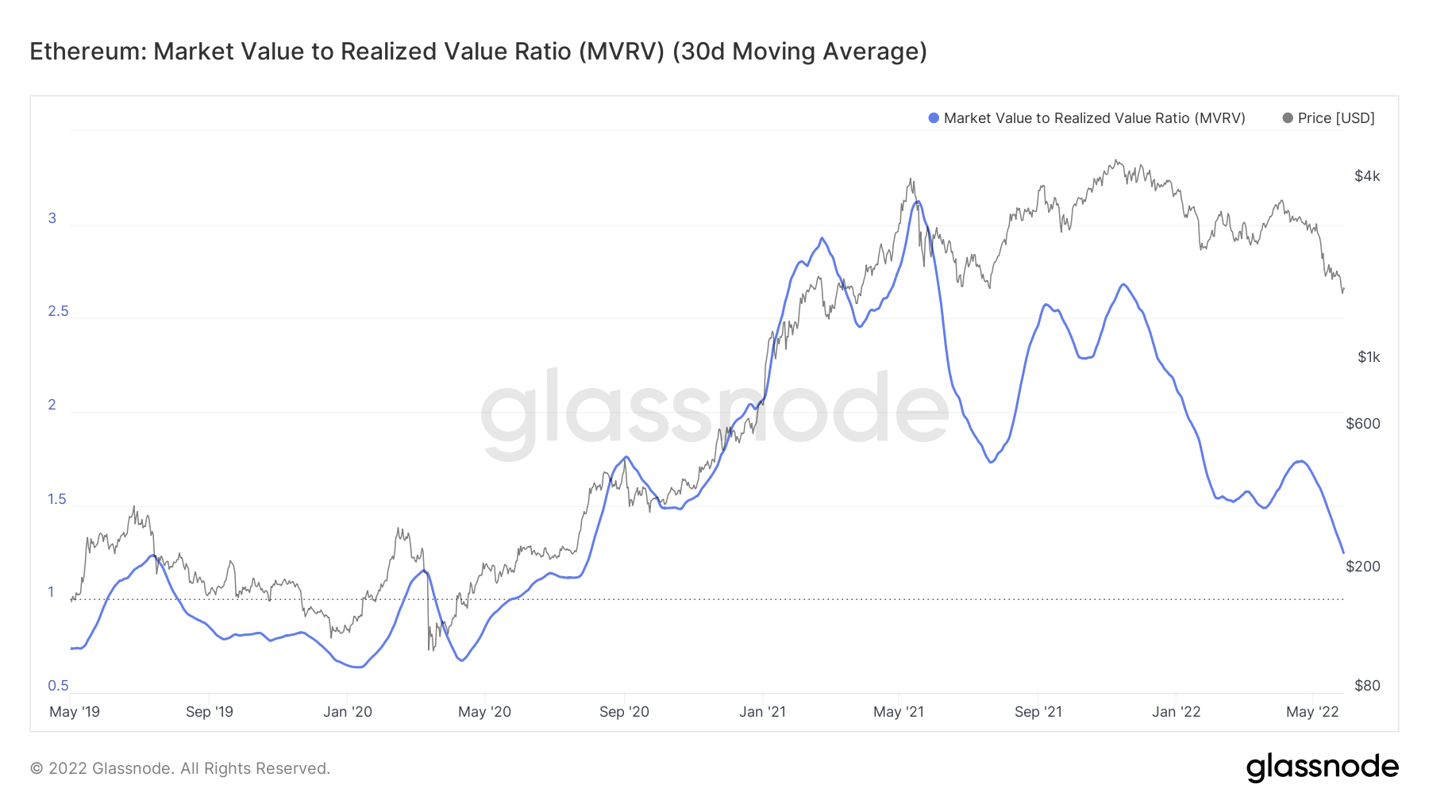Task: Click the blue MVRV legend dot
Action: tap(934, 118)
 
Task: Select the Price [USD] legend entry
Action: tap(1335, 118)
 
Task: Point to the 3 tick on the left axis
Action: tap(52, 218)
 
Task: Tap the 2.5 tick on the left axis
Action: tap(58, 311)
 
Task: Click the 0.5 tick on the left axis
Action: tap(58, 686)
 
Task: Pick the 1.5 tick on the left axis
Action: tap(57, 499)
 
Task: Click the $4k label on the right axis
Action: tap(1367, 176)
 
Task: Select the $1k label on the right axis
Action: tap(1369, 357)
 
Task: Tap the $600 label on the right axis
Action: tap(1363, 424)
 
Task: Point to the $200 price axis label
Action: tap(1363, 567)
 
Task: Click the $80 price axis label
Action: tap(1367, 686)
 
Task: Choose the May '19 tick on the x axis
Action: tap(75, 712)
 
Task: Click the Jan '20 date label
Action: tap(348, 712)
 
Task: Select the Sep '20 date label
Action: tap(624, 712)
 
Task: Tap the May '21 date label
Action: tap(899, 712)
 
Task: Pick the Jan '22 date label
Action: tap(1177, 712)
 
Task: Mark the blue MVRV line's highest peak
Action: tap(918, 202)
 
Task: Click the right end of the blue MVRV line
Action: tap(1343, 552)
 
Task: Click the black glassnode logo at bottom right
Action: tap(1322, 767)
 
